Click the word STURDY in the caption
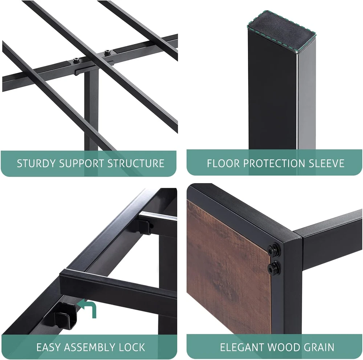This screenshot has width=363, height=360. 36,163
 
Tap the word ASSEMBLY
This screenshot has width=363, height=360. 89,347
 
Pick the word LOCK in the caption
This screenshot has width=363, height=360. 132,347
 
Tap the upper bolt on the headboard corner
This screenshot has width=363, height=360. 274,249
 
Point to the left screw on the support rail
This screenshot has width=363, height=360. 76,60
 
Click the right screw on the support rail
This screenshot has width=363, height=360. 107,53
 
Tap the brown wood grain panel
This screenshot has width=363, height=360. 228,266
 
